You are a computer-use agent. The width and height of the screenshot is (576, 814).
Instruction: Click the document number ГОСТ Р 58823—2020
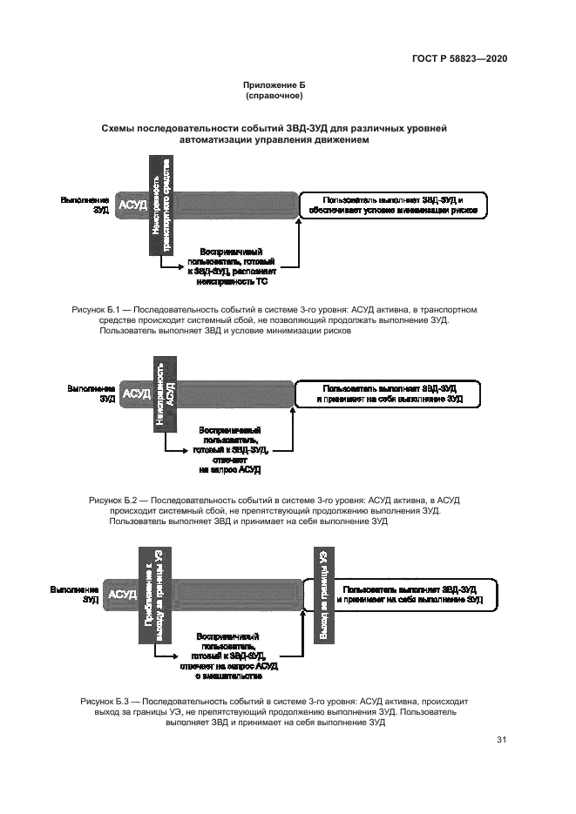pos(459,58)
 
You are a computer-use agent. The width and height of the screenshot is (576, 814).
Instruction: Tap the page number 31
pos(501,740)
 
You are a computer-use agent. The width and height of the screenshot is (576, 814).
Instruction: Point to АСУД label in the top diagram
pos(133,205)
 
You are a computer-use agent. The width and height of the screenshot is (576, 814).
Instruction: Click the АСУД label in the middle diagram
pos(137,394)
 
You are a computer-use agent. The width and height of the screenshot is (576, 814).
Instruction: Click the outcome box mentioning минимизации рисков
pos(393,205)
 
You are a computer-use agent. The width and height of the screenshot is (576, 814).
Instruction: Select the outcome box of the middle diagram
pos(389,394)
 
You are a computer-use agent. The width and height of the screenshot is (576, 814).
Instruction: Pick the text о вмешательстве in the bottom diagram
pos(229,675)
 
